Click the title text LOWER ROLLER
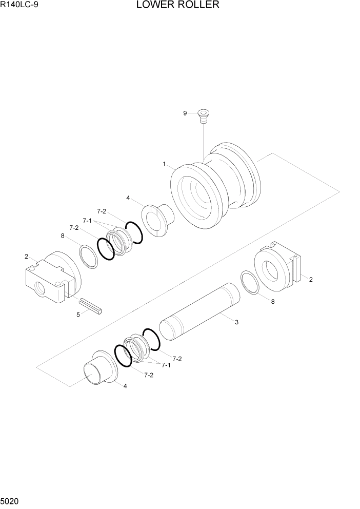click(x=178, y=6)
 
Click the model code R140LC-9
click(x=19, y=6)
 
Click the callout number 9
click(x=186, y=113)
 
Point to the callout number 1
click(x=164, y=164)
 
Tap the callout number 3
click(x=236, y=322)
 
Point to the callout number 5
click(x=78, y=315)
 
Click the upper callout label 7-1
click(x=87, y=221)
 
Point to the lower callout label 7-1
click(x=166, y=365)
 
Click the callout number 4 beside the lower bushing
click(x=125, y=386)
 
